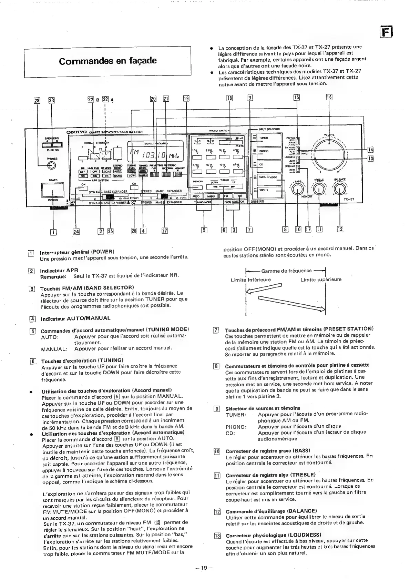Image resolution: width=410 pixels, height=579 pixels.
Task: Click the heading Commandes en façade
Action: pos(107,61)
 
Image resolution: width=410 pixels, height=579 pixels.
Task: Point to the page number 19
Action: pos(204,567)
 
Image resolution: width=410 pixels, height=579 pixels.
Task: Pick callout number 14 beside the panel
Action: pos(370,149)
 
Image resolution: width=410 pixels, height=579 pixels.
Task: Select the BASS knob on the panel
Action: pos(297,189)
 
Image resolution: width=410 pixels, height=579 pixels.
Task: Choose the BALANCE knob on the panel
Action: pos(340,189)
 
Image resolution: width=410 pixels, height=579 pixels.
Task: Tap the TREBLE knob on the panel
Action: pos(319,189)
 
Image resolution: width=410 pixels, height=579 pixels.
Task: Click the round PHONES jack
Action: pos(52,166)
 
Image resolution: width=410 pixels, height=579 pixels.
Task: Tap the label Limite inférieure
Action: pos(251,280)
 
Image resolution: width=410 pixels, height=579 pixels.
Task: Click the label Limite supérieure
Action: pos(321,280)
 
